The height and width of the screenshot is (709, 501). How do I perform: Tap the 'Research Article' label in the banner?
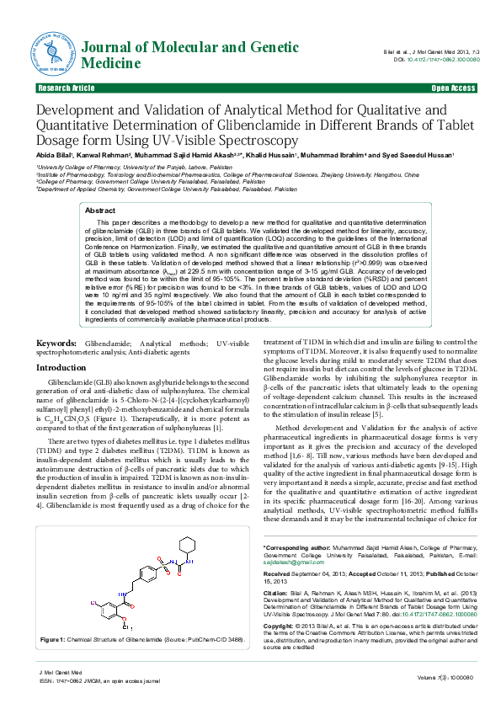tap(66, 88)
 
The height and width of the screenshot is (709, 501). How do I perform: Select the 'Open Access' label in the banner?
tap(453, 88)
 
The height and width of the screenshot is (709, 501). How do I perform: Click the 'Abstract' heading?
tap(100, 210)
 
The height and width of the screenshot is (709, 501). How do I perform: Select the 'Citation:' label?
tap(278, 593)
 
